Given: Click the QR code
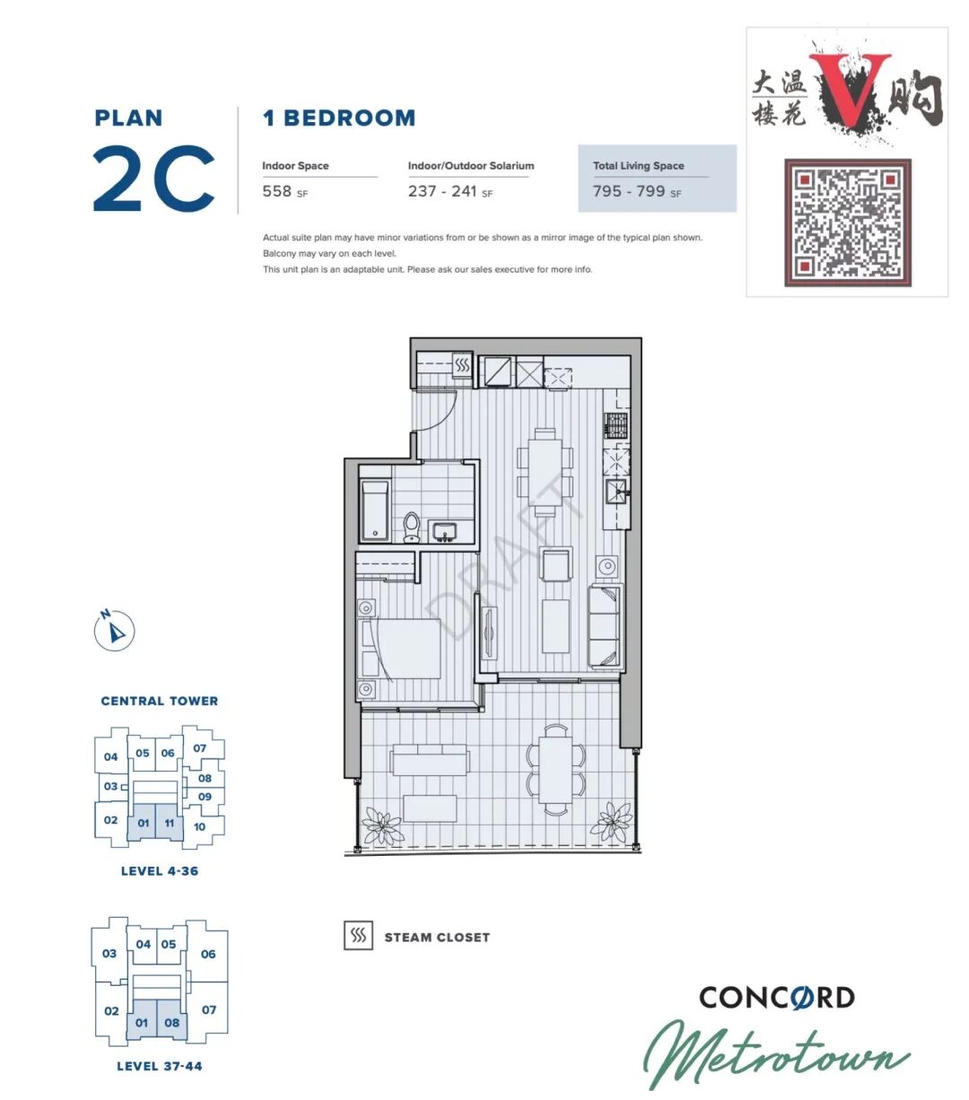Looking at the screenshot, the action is [x=847, y=222].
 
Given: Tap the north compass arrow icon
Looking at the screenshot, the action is [x=114, y=630].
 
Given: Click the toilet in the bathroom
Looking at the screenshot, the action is [x=412, y=527].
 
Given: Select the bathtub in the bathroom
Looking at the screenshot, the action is [x=374, y=511].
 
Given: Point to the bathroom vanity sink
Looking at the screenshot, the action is [x=444, y=531].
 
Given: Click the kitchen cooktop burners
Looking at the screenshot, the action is [x=616, y=425].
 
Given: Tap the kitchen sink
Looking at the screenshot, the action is [x=616, y=492].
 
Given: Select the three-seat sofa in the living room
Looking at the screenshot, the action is [x=604, y=626].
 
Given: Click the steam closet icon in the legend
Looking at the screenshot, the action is [x=358, y=935].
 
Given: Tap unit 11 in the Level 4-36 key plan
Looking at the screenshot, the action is [x=170, y=823].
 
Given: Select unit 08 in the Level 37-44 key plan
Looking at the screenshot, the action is [x=171, y=1022].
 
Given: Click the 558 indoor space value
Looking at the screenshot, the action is [x=277, y=191].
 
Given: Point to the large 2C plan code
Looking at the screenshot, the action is [x=154, y=178].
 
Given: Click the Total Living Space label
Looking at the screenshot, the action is [x=639, y=166].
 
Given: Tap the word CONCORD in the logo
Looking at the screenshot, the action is [x=777, y=998].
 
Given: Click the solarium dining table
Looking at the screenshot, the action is [x=556, y=768].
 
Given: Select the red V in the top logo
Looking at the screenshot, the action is [x=850, y=87].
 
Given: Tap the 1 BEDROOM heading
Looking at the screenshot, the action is [x=339, y=118].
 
